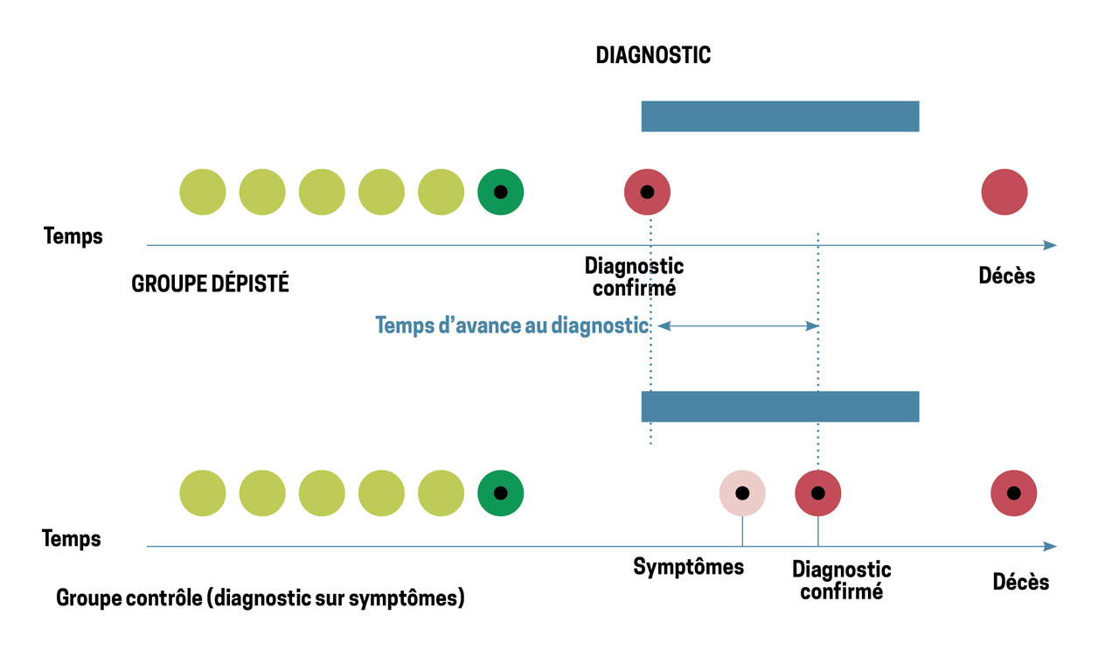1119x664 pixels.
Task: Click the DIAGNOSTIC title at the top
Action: coord(653,55)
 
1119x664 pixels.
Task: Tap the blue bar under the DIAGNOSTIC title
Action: coord(780,116)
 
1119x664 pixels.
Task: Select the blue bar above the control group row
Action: coord(780,406)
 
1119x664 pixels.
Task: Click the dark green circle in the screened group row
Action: coord(500,192)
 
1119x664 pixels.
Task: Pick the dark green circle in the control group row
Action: coord(500,493)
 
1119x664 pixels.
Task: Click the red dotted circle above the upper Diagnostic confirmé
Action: coord(647,192)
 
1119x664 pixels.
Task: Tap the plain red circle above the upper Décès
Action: coord(1004,192)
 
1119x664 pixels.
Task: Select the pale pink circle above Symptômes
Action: coord(742,493)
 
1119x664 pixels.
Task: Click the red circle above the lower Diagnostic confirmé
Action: coord(817,493)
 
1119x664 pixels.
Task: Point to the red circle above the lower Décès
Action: coord(1014,493)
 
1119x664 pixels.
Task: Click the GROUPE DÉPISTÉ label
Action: coord(210,284)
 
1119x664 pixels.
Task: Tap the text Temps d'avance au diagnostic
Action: coord(512,325)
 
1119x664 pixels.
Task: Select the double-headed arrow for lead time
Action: coord(737,325)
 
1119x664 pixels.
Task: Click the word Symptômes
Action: coord(689,567)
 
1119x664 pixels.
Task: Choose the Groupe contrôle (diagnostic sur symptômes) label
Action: coord(260,599)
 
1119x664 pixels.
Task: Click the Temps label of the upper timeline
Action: coord(73,236)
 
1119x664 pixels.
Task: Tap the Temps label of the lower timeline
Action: coord(72,538)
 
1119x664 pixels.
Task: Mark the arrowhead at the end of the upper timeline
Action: coord(1050,245)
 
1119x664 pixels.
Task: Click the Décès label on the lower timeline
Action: coord(1021,582)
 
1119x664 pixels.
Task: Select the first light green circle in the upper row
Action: coord(202,192)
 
